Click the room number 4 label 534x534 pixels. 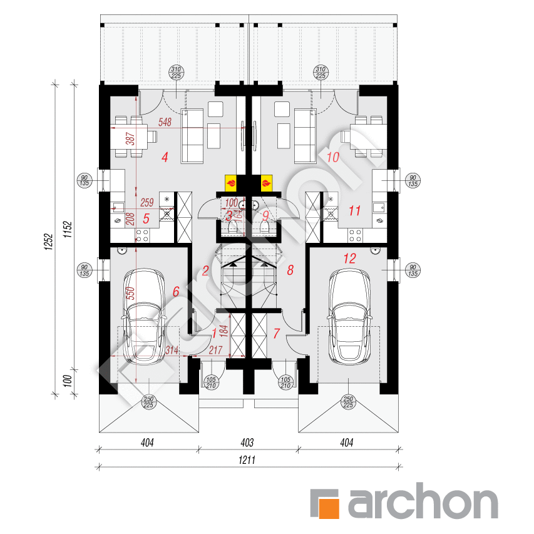click(165, 158)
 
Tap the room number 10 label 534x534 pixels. click(332, 157)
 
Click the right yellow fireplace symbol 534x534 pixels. click(267, 182)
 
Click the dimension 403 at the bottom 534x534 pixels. click(247, 443)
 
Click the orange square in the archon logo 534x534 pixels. click(326, 505)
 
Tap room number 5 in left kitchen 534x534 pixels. click(145, 219)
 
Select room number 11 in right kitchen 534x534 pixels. click(354, 211)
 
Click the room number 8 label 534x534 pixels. click(290, 270)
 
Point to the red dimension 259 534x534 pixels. click(147, 202)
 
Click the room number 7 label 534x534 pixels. click(276, 334)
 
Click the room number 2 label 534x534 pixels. click(205, 271)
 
